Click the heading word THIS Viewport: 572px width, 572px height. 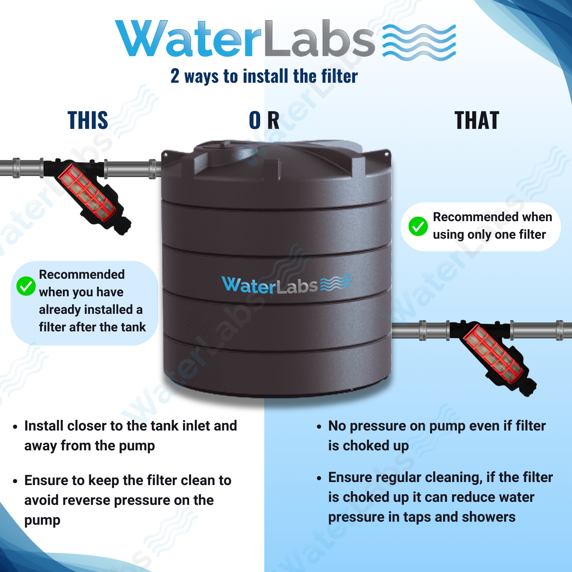click(88, 120)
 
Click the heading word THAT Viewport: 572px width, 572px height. click(477, 120)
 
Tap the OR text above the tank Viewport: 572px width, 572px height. click(264, 120)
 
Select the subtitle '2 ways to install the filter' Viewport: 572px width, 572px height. click(264, 76)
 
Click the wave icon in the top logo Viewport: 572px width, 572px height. click(419, 42)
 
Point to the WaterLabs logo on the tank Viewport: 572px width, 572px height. click(286, 284)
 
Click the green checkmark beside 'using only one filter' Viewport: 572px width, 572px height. click(418, 227)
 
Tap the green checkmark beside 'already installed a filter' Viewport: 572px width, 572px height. click(26, 286)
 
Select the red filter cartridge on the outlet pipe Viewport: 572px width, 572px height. click(492, 353)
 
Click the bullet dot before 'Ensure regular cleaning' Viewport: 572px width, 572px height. click(319, 478)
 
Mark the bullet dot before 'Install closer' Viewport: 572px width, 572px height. click(15, 427)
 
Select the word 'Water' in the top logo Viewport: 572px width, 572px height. click(189, 38)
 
